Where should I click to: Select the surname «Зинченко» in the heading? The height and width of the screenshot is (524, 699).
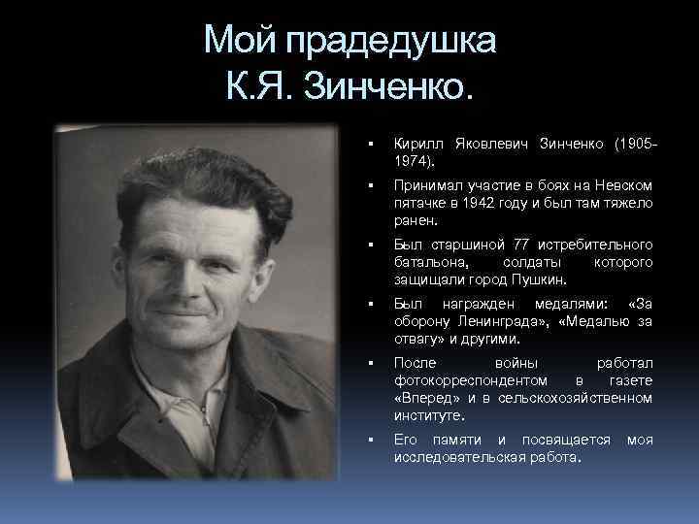pos(391,90)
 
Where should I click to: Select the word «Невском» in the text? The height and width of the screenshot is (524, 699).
pos(623,185)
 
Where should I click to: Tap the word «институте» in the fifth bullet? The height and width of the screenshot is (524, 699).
pos(429,415)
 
